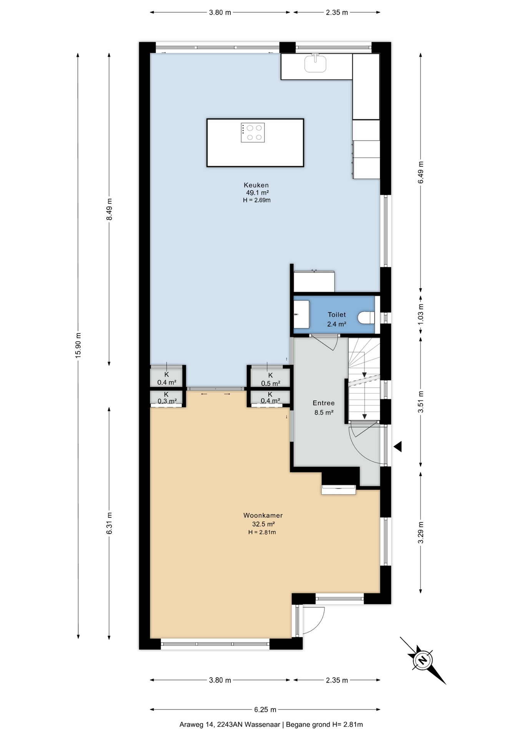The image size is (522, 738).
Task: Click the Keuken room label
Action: pyautogui.click(x=256, y=185)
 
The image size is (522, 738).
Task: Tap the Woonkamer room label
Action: pyautogui.click(x=263, y=515)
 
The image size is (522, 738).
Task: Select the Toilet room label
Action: pyautogui.click(x=337, y=314)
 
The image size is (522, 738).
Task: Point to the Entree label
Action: pyautogui.click(x=324, y=403)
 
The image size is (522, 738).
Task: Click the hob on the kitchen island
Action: pyautogui.click(x=253, y=133)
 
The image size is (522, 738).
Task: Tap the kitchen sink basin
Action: pyautogui.click(x=316, y=63)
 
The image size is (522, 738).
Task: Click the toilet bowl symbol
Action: pyautogui.click(x=366, y=318)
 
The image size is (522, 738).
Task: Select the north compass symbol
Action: pyautogui.click(x=423, y=660)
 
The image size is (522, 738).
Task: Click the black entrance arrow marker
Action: pyautogui.click(x=398, y=447)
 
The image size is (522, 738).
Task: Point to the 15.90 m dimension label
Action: pyautogui.click(x=78, y=345)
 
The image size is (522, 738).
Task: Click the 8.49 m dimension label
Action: pyautogui.click(x=109, y=209)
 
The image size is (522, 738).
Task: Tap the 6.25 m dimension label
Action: pyautogui.click(x=265, y=710)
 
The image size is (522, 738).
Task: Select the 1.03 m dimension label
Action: pyautogui.click(x=421, y=314)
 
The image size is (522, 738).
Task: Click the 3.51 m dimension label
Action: pyautogui.click(x=421, y=402)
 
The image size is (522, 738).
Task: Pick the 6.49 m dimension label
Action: pyautogui.click(x=421, y=172)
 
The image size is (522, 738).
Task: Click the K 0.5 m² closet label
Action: pyautogui.click(x=271, y=379)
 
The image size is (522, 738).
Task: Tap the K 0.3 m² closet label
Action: pyautogui.click(x=167, y=398)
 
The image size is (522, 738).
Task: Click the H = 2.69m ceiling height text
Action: pyautogui.click(x=257, y=200)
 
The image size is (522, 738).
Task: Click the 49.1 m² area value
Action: pyautogui.click(x=257, y=193)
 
